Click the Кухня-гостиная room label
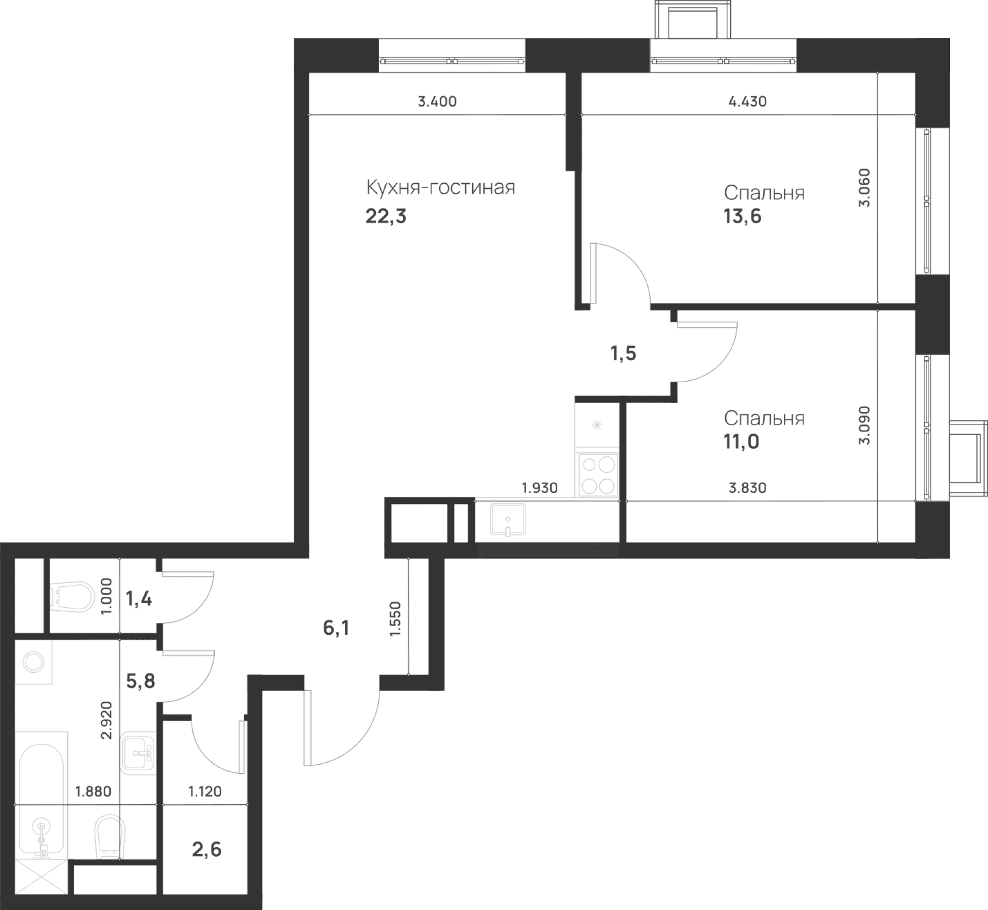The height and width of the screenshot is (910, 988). pyautogui.click(x=440, y=188)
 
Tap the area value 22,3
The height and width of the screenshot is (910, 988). pyautogui.click(x=386, y=216)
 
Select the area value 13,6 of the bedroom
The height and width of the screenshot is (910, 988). pyautogui.click(x=742, y=216)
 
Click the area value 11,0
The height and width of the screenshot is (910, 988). pyautogui.click(x=741, y=442)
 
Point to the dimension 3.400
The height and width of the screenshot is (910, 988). pyautogui.click(x=437, y=102)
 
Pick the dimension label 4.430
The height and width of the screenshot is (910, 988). pyautogui.click(x=747, y=102)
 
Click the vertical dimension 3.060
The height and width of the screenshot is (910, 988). pyautogui.click(x=864, y=188)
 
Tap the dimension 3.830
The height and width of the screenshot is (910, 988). pyautogui.click(x=747, y=488)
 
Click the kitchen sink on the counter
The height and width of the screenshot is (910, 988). pyautogui.click(x=508, y=520)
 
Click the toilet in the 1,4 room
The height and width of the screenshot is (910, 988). pyautogui.click(x=72, y=597)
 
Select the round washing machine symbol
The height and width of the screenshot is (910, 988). pyautogui.click(x=34, y=662)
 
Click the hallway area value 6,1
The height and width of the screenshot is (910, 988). pyautogui.click(x=336, y=628)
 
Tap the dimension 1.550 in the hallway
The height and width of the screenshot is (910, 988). pyautogui.click(x=395, y=619)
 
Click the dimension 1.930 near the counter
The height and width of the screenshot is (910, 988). pyautogui.click(x=539, y=488)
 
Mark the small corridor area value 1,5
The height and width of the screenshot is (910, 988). pyautogui.click(x=623, y=354)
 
